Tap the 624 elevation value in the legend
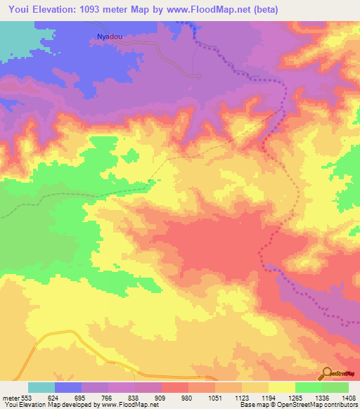(55, 397)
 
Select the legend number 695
(82, 397)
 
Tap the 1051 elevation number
(214, 397)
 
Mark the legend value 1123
(241, 397)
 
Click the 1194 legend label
(268, 397)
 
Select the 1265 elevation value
(295, 397)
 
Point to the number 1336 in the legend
(321, 397)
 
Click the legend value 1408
(347, 397)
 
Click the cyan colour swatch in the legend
(41, 387)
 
